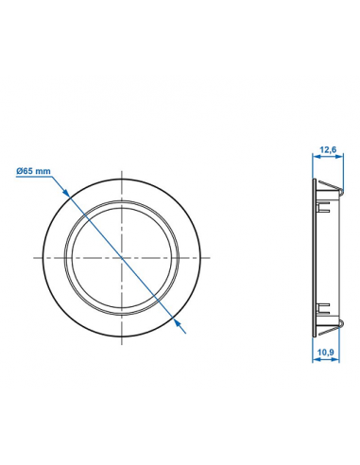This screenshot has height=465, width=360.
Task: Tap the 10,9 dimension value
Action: point(326,353)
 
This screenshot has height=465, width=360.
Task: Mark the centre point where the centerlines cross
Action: point(124,257)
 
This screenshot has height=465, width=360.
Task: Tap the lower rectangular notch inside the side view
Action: point(324,305)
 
